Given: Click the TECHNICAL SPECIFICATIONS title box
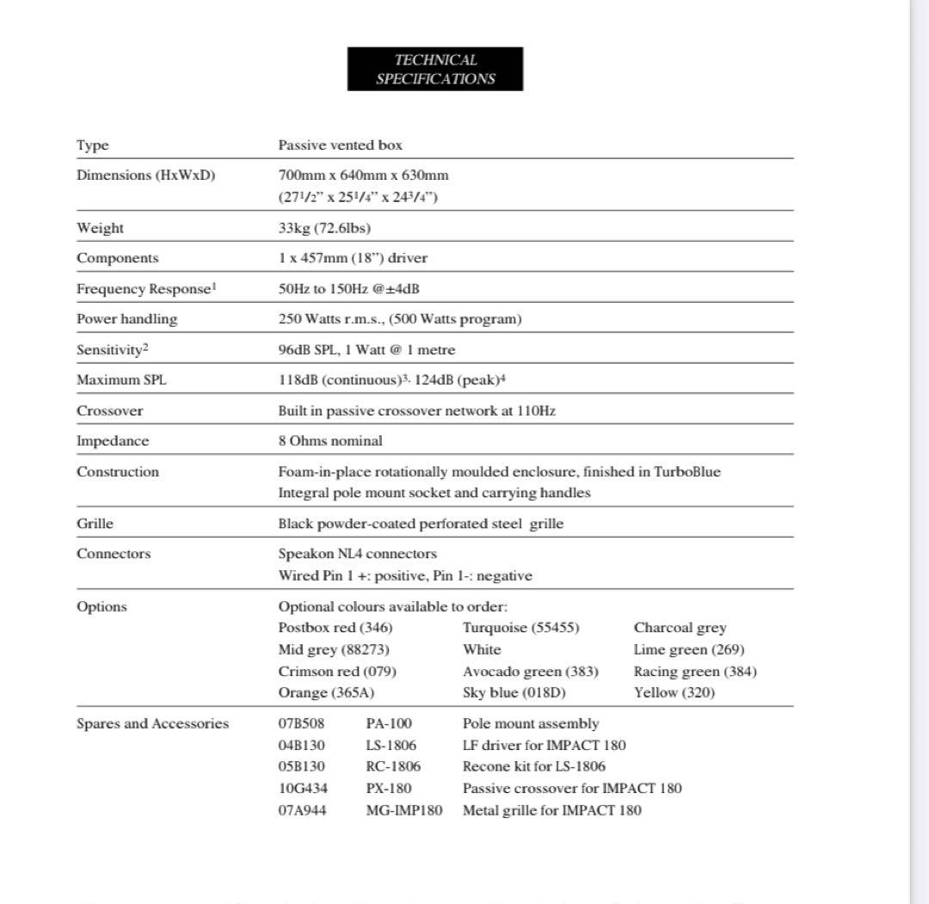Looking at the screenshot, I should (x=434, y=69).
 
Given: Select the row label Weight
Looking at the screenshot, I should (x=100, y=228).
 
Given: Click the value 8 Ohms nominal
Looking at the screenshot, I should (x=330, y=441).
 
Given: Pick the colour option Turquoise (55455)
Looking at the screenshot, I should (x=520, y=628).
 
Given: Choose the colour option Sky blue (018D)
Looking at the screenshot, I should (x=514, y=692).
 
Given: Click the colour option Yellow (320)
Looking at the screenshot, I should (x=674, y=692).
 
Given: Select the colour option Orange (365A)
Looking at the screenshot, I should (x=326, y=692).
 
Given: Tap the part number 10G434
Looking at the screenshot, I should (x=302, y=788).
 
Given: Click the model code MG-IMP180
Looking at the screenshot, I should (x=403, y=809).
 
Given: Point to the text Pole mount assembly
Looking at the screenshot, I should (x=531, y=723).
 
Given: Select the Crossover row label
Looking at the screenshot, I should (x=110, y=411).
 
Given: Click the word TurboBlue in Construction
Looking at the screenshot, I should (x=687, y=471).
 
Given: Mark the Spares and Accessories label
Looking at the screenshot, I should (x=152, y=723).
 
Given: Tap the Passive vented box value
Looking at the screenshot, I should (x=340, y=145).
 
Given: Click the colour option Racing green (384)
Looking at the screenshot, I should (x=695, y=672).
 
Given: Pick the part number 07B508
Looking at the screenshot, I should (x=301, y=723).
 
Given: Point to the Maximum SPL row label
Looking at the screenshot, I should (x=121, y=380).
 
